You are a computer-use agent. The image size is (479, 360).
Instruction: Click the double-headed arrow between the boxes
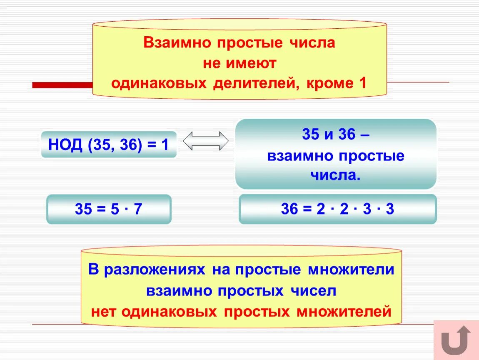tap(206, 141)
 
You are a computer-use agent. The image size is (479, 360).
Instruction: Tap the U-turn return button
tap(456, 340)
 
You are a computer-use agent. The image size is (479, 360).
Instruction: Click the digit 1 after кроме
tap(362, 83)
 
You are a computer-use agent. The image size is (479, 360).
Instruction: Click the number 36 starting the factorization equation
tap(289, 209)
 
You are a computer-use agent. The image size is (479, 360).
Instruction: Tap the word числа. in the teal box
tap(335, 175)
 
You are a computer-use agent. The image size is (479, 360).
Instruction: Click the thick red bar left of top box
tap(62, 85)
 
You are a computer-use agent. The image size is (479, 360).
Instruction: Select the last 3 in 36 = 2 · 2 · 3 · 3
tap(390, 209)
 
